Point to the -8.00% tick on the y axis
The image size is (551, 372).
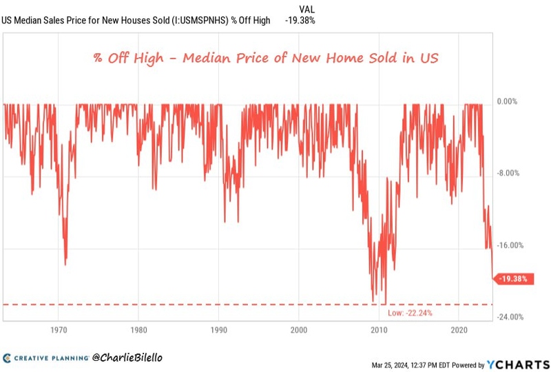pos(508,174)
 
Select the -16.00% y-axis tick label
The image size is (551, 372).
pos(510,245)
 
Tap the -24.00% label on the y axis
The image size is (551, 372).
pos(510,317)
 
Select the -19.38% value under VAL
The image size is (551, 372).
pos(300,20)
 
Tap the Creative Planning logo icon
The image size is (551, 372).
pos(7,358)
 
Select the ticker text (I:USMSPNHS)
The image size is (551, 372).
pos(197,20)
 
